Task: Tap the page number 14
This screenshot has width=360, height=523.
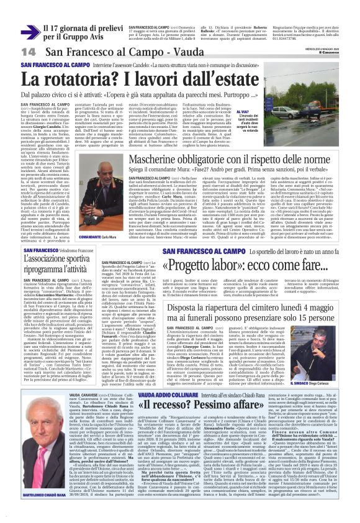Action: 29,52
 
